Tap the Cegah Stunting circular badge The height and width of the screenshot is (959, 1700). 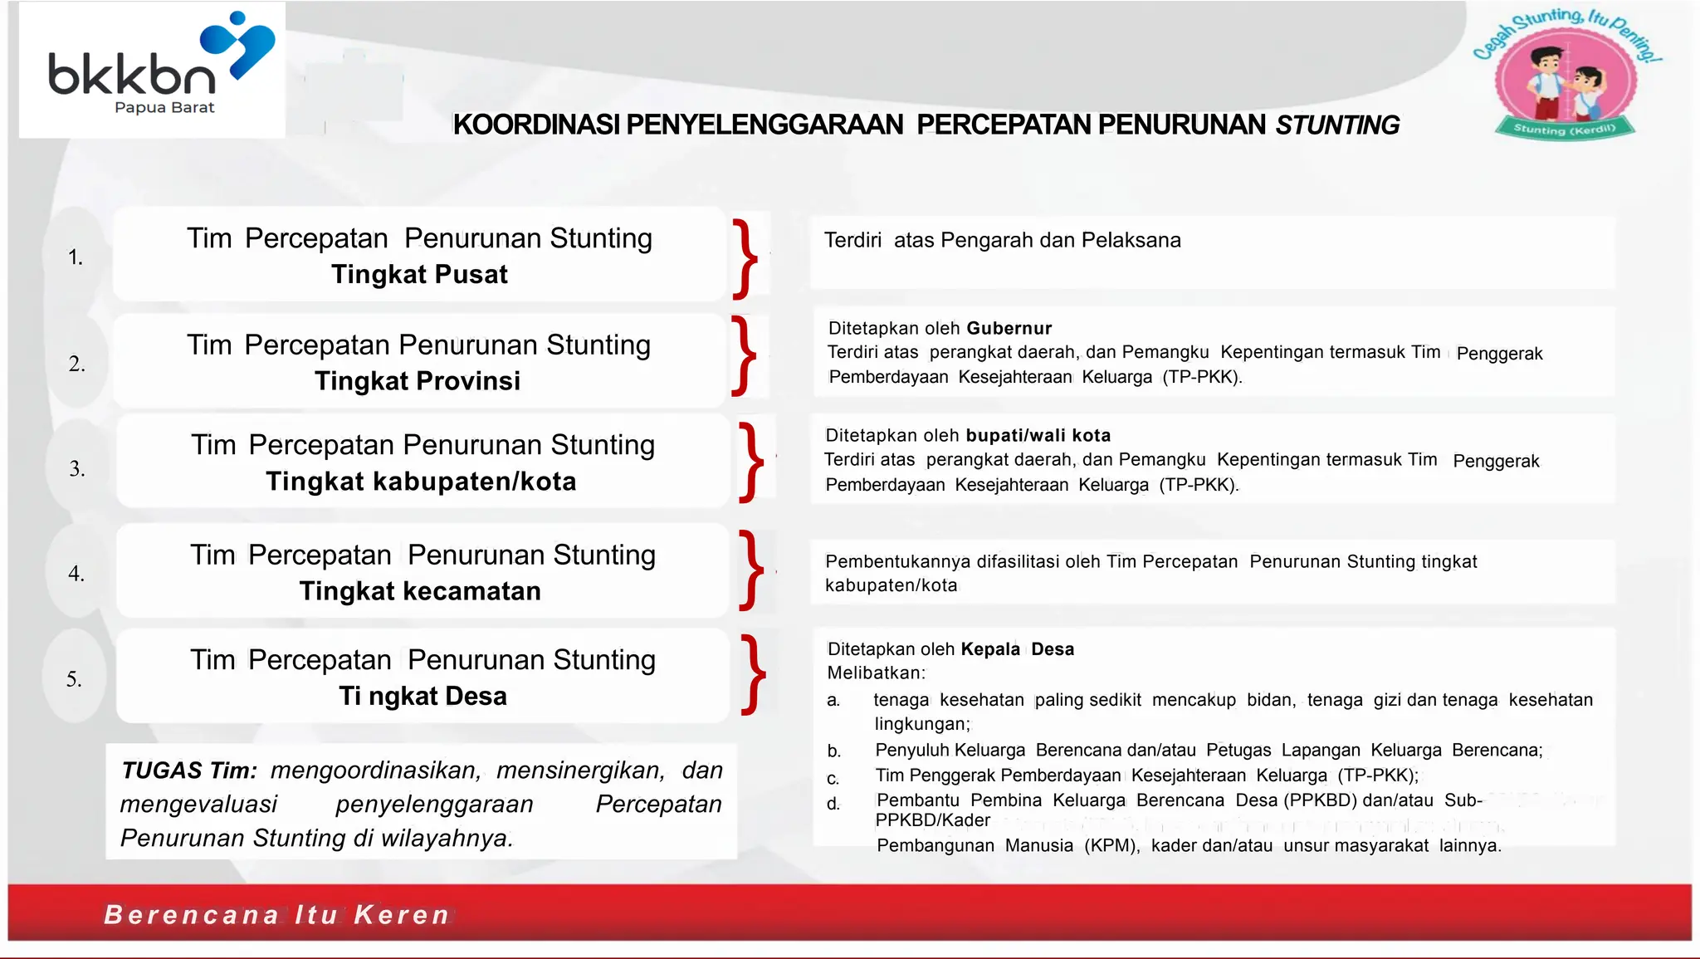coord(1566,79)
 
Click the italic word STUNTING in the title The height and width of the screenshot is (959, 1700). coord(1337,125)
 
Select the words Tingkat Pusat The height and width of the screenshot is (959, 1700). coord(419,275)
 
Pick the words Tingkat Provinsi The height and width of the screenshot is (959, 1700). coord(418,381)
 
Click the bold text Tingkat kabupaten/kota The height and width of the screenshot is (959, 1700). coord(421,482)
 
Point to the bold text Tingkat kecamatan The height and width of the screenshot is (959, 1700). coord(420,591)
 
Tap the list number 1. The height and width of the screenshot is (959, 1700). coord(76,257)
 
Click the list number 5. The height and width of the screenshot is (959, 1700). coord(75,679)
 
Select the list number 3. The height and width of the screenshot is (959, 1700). coord(77,469)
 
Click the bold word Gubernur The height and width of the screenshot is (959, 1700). coord(1009,328)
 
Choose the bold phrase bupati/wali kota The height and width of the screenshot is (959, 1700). coord(1038,435)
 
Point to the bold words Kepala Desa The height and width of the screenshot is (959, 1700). coord(1017,649)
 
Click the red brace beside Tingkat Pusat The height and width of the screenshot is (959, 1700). coord(745,258)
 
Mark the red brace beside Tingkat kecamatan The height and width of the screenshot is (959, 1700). coord(751,570)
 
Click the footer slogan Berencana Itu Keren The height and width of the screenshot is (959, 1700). coord(276,915)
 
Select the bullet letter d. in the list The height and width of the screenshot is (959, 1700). coord(833,804)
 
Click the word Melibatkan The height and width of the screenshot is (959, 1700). coord(876,673)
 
